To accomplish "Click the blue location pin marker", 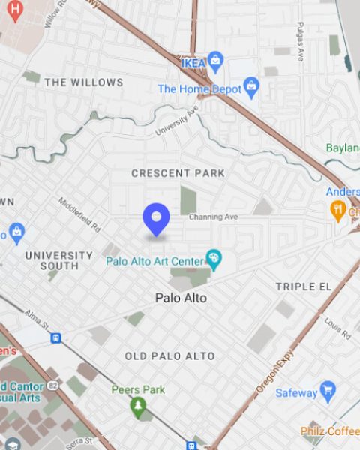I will (156, 219).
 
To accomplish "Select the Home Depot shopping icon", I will (251, 88).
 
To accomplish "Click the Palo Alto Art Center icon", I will (214, 260).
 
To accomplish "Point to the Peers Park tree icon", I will (137, 407).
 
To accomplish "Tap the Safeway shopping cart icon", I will (328, 391).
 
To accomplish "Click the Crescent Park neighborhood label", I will (178, 173).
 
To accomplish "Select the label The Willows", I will (83, 82).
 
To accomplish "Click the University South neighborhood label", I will (59, 260).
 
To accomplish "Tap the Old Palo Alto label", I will (169, 355).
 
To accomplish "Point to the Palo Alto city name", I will (181, 298).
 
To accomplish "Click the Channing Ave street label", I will (213, 217).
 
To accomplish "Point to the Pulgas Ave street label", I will (300, 41).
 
